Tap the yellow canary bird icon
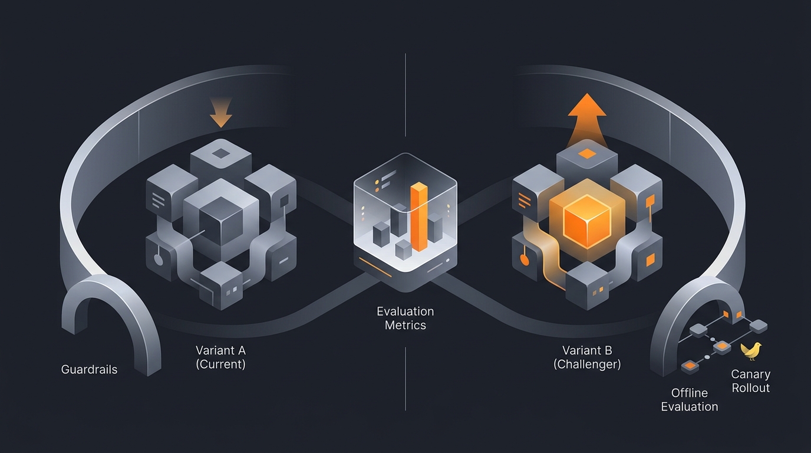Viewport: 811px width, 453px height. [751, 350]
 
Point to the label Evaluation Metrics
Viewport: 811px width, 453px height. [405, 318]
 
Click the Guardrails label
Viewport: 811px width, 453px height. [89, 369]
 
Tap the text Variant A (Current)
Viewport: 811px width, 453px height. [220, 357]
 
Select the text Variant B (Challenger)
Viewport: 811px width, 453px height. [587, 357]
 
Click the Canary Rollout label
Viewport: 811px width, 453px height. [750, 381]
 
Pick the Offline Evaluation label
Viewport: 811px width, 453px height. [690, 400]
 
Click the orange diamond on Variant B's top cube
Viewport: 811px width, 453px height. [587, 154]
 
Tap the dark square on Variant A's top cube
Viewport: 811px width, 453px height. [220, 154]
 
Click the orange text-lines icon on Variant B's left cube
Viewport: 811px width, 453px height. [525, 200]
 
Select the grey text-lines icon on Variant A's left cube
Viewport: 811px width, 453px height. [158, 200]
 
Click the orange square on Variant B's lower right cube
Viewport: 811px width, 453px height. [650, 260]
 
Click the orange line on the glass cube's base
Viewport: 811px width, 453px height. [375, 267]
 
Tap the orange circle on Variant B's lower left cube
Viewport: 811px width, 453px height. [524, 260]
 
